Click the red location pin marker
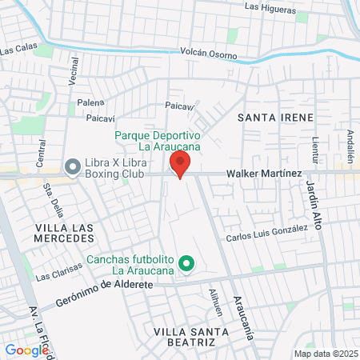tap(179, 165)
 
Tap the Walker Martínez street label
tap(263, 174)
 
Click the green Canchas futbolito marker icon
tap(187, 262)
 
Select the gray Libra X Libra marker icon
tap(72, 166)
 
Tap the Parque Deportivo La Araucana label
tap(157, 142)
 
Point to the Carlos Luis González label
tap(266, 234)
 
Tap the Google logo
tap(26, 350)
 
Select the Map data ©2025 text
tap(325, 353)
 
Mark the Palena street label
tap(90, 103)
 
